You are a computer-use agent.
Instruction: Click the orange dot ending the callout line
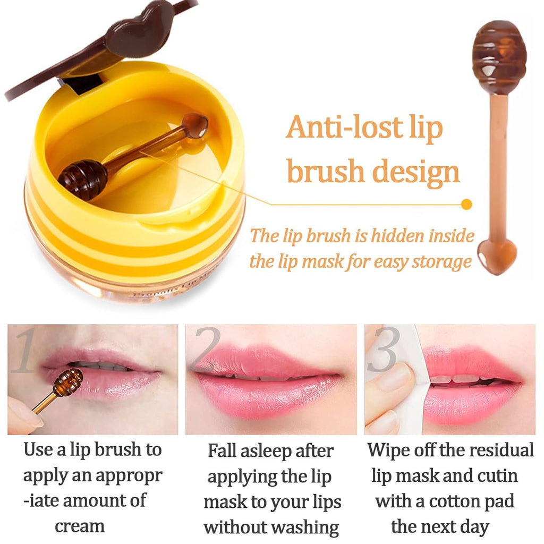point(467,204)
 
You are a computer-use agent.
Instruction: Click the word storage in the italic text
point(439,261)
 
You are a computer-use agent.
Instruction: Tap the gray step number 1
point(23,352)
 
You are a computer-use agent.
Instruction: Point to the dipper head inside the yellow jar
point(82,180)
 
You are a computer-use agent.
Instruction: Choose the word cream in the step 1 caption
point(80,526)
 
